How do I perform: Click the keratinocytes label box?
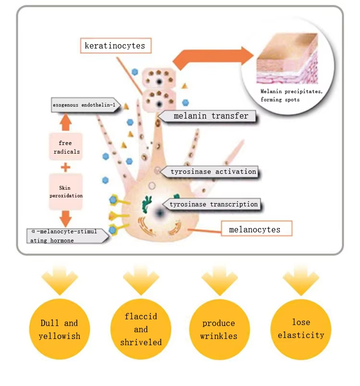click(115, 46)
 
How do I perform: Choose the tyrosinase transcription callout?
click(214, 204)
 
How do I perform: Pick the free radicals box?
click(65, 147)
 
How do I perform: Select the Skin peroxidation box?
click(65, 192)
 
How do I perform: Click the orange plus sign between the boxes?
click(65, 168)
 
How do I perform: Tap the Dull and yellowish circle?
click(60, 329)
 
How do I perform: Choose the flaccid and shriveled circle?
click(141, 329)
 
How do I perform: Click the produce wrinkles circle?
click(219, 329)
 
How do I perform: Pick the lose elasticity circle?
click(301, 329)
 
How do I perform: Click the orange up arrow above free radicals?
click(66, 122)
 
